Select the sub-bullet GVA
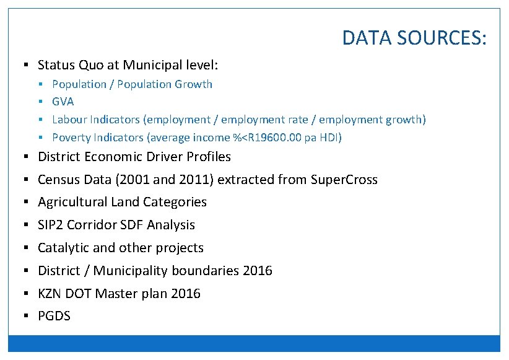pyautogui.click(x=63, y=102)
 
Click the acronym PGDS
pyautogui.click(x=54, y=316)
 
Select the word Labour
pyautogui.click(x=69, y=119)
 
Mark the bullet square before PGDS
pyautogui.click(x=26, y=316)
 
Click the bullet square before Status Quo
pyautogui.click(x=26, y=64)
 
